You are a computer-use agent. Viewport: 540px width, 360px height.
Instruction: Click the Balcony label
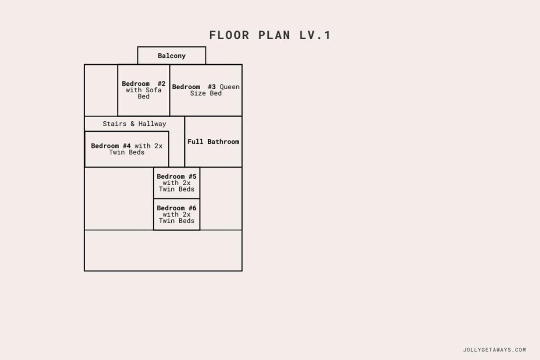pyautogui.click(x=172, y=56)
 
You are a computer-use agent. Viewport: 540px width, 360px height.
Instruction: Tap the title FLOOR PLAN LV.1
pyautogui.click(x=270, y=35)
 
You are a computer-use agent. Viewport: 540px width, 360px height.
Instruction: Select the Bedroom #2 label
pyautogui.click(x=143, y=84)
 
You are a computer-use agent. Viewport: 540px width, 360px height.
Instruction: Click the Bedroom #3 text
pyautogui.click(x=194, y=87)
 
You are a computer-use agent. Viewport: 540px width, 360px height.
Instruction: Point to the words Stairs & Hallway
pyautogui.click(x=134, y=124)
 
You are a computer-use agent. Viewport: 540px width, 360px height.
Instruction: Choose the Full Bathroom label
pyautogui.click(x=213, y=142)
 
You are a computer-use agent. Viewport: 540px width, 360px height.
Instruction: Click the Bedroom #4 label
pyautogui.click(x=110, y=146)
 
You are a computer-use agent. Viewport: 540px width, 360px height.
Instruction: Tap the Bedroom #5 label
pyautogui.click(x=177, y=176)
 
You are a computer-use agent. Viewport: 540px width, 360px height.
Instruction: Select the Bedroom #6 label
pyautogui.click(x=177, y=208)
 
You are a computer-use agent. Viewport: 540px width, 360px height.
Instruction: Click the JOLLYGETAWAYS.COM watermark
pyautogui.click(x=494, y=350)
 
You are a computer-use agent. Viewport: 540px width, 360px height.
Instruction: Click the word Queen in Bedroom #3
pyautogui.click(x=229, y=87)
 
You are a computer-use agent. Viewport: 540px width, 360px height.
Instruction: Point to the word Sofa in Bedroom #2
pyautogui.click(x=154, y=90)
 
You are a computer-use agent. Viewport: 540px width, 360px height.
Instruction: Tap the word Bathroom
pyautogui.click(x=223, y=142)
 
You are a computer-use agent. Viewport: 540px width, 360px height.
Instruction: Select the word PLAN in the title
pyautogui.click(x=274, y=35)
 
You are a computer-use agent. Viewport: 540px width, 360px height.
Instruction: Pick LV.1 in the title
pyautogui.click(x=315, y=35)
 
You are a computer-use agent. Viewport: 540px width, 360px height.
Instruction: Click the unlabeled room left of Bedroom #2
pyautogui.click(x=101, y=90)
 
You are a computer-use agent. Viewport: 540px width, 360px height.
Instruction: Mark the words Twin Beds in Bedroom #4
pyautogui.click(x=126, y=152)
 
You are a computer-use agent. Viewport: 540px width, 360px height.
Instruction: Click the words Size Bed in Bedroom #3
pyautogui.click(x=206, y=93)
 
